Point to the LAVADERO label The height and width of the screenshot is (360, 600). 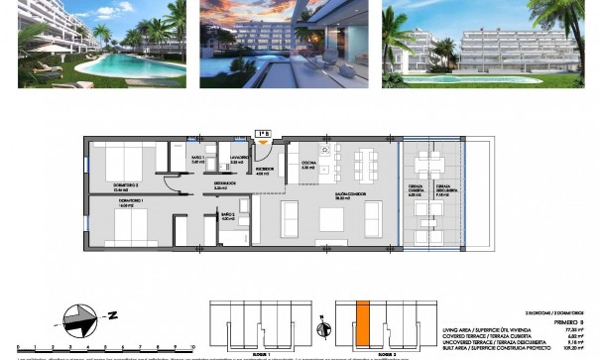pyautogui.click(x=239, y=159)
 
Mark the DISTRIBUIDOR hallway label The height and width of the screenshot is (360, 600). pyautogui.click(x=224, y=184)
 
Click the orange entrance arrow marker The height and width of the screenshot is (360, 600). pyautogui.click(x=263, y=142)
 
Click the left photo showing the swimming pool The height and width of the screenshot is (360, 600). pyautogui.click(x=102, y=45)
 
